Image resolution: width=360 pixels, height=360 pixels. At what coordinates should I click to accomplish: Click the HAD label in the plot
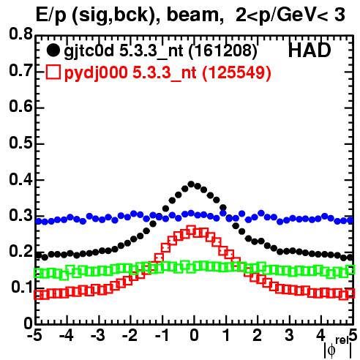point(310,50)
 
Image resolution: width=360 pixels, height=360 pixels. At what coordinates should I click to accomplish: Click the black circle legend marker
point(53,50)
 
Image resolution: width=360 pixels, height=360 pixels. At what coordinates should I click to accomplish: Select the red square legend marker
point(53,72)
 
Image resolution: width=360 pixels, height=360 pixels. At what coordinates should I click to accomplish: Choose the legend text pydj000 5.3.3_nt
point(130,73)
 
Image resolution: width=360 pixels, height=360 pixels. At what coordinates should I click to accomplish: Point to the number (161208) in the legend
point(223,51)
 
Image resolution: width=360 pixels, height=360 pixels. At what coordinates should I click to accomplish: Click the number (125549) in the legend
point(236,72)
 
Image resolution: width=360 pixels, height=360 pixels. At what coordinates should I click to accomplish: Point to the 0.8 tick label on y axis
point(21,34)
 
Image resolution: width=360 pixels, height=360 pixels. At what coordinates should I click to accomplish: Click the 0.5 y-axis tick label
point(21,143)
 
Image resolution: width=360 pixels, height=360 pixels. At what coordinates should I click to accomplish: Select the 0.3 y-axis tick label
point(21,215)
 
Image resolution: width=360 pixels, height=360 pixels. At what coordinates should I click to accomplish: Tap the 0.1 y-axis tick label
point(22,288)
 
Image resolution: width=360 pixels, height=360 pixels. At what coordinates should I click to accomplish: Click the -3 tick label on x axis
point(97,335)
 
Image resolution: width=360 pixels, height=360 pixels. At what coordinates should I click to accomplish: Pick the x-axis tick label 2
point(258,335)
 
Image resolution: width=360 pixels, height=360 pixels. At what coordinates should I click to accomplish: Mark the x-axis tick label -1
point(162,335)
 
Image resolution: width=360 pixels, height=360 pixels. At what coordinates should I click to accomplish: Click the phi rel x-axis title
point(338,348)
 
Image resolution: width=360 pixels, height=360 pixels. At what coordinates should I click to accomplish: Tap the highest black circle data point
point(191,184)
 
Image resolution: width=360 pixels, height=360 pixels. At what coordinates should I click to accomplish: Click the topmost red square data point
point(191,230)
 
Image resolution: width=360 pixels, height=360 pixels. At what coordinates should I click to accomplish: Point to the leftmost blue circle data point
point(38,221)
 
